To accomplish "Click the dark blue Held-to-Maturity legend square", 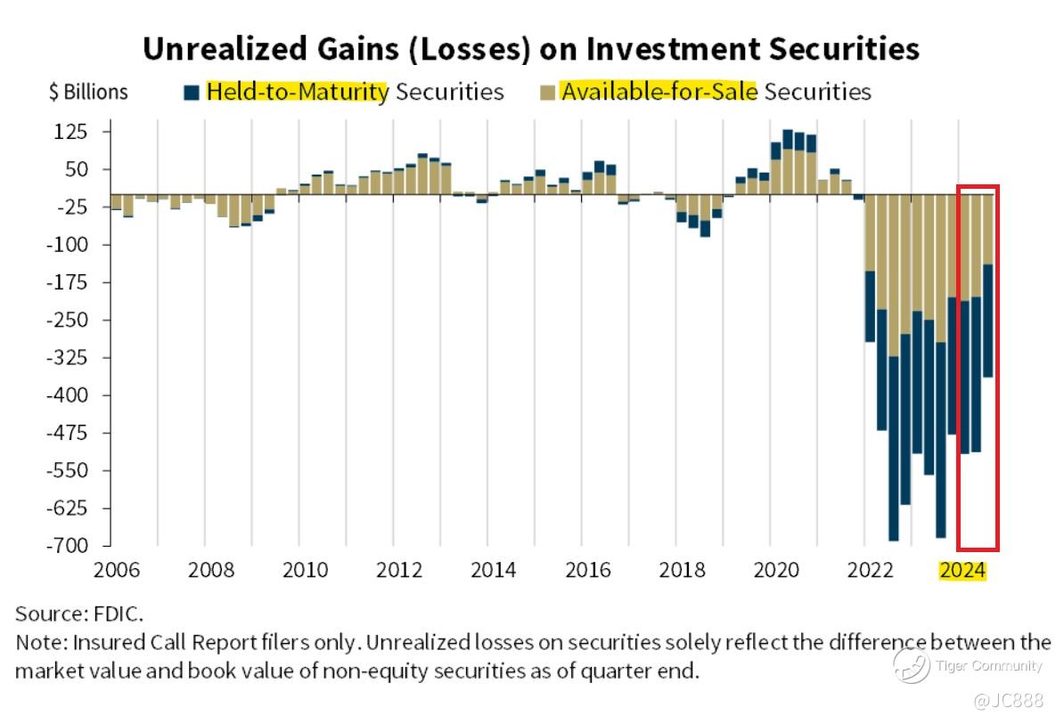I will pos(192,92).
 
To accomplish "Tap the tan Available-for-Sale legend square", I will pos(546,92).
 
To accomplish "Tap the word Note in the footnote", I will pos(39,642).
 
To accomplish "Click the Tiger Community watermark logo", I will pos(913,665).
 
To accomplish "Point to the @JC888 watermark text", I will pos(1009,701).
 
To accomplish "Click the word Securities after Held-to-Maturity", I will pos(449,92).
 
